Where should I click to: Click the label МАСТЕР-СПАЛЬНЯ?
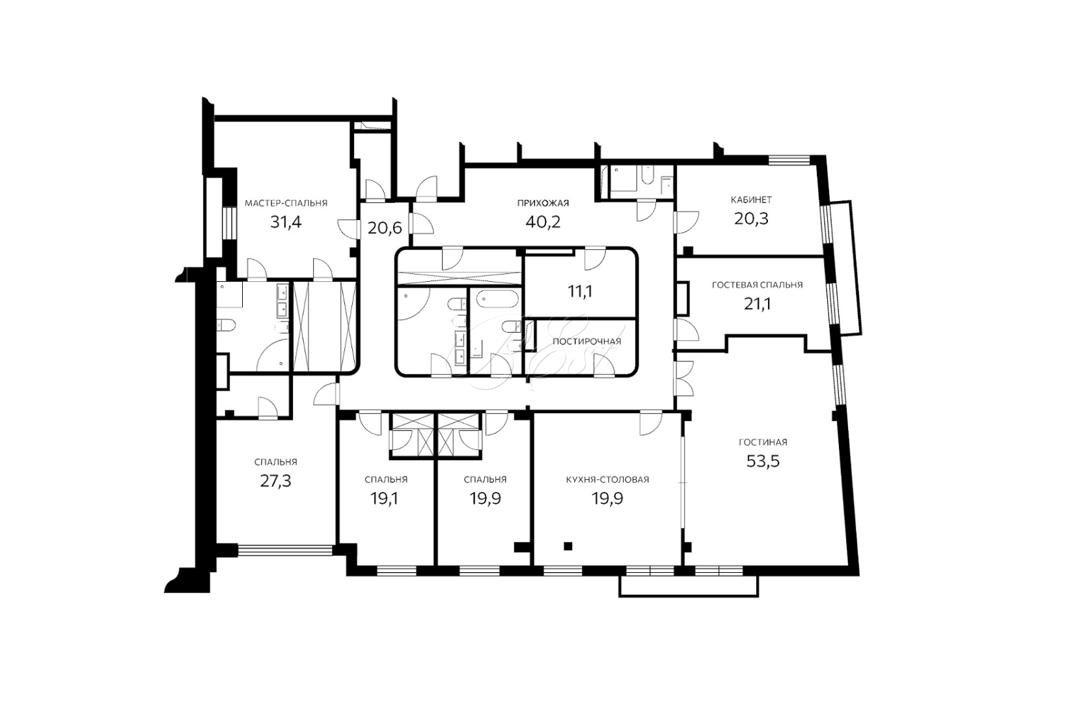click(x=286, y=204)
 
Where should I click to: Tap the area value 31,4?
click(x=286, y=222)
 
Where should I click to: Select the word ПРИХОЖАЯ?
click(x=543, y=204)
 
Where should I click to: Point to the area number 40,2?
click(x=543, y=222)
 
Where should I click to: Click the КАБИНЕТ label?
click(x=751, y=200)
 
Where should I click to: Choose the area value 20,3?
click(x=751, y=219)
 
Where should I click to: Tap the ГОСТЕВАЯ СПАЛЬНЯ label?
click(x=757, y=285)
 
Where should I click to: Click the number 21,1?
click(x=757, y=304)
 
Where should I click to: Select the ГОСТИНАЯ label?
click(x=763, y=443)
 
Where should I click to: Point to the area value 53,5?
click(x=763, y=462)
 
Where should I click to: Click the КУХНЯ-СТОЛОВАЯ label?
click(x=608, y=480)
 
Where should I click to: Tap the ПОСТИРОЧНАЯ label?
click(x=587, y=342)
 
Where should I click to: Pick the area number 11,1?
click(x=580, y=292)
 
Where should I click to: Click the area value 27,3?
click(x=275, y=481)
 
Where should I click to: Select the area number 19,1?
click(x=385, y=499)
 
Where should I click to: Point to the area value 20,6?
click(x=385, y=228)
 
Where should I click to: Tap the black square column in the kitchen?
click(x=568, y=546)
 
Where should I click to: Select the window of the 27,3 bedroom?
click(x=286, y=551)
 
